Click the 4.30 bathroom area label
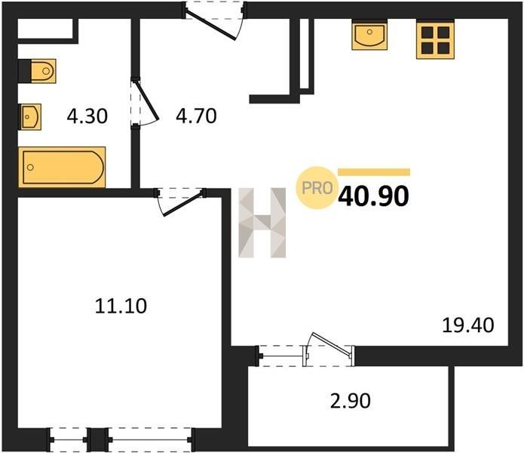[87, 116]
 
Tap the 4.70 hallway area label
[196, 116]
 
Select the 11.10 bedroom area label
[121, 306]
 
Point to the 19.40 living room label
[468, 325]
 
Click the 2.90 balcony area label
[351, 401]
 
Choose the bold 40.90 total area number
[373, 196]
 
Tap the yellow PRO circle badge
[317, 188]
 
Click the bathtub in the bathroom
[62, 167]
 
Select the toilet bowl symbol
[43, 71]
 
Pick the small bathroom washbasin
[30, 117]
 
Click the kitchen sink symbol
[369, 35]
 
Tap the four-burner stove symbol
[435, 39]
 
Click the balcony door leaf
[332, 344]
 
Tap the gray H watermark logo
[262, 223]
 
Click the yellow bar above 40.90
[374, 172]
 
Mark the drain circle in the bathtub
[30, 167]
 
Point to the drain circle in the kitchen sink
[369, 32]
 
